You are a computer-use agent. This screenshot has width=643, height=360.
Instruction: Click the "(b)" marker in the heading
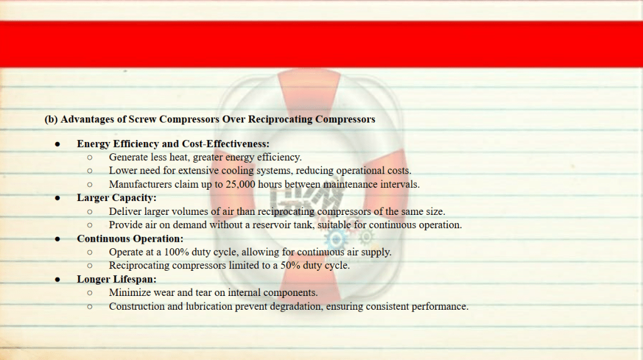click(51, 119)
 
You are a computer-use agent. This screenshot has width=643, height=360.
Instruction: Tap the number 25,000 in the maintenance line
click(240, 185)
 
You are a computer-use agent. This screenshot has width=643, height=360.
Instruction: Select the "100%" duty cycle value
click(177, 252)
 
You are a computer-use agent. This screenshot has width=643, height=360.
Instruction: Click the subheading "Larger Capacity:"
click(116, 198)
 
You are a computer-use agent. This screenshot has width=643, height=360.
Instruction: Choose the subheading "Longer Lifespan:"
click(116, 279)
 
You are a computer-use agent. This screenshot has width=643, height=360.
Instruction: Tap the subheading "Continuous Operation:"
click(130, 239)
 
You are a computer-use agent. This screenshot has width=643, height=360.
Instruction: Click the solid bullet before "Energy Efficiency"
click(57, 145)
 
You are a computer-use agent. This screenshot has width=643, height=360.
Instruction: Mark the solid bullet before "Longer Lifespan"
click(57, 280)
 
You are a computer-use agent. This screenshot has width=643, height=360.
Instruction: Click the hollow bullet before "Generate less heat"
click(90, 158)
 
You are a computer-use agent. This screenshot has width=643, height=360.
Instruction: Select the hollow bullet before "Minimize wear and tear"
click(90, 293)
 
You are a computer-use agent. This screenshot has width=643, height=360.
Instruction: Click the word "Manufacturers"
click(140, 185)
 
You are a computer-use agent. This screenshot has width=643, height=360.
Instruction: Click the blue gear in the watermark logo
click(336, 239)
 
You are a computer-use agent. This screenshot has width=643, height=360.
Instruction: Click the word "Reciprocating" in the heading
click(280, 119)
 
